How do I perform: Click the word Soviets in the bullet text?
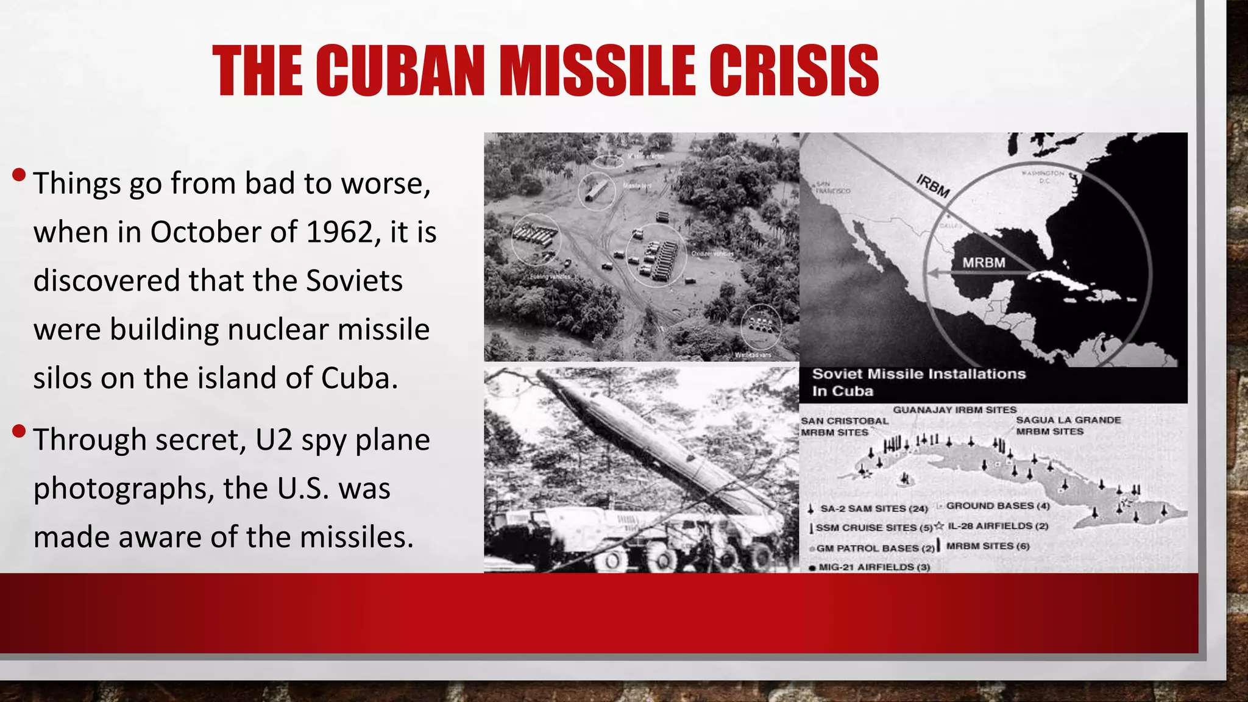(x=354, y=281)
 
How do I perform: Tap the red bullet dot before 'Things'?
(x=19, y=175)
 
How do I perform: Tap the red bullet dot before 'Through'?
(x=19, y=432)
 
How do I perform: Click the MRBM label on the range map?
(x=984, y=263)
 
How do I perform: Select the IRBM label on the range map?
(x=932, y=186)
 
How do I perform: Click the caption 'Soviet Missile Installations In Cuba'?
(x=918, y=382)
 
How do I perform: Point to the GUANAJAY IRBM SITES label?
(x=954, y=410)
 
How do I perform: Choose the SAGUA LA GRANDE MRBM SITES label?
(x=1068, y=425)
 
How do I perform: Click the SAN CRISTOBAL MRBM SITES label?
(x=844, y=427)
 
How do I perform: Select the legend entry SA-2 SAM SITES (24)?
(x=873, y=508)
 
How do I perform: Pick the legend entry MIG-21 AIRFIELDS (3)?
(x=874, y=567)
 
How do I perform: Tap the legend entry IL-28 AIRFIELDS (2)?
(x=998, y=526)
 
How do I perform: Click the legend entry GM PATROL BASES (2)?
(x=875, y=548)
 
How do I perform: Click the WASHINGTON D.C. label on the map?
(x=1043, y=177)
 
